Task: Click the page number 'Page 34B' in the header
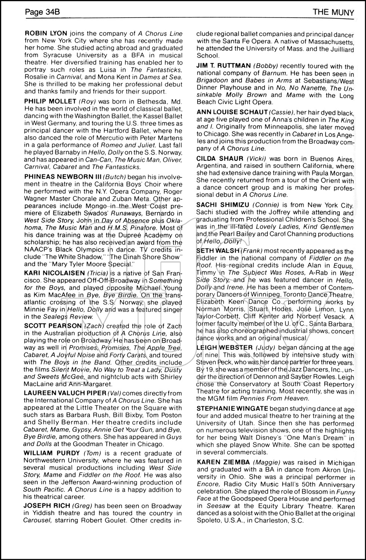42,13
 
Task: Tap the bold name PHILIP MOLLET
49,101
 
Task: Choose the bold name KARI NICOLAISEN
55,273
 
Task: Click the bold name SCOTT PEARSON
53,326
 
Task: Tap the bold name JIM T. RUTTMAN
224,66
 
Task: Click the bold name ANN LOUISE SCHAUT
232,112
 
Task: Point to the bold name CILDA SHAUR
220,158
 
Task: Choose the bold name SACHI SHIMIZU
223,205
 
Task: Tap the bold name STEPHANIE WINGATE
232,408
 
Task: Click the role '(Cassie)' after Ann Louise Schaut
282,112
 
